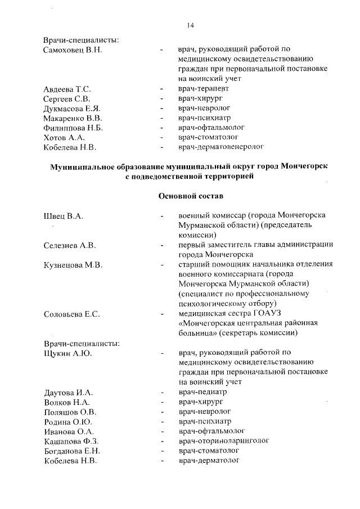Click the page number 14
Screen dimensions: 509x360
[x=190, y=25]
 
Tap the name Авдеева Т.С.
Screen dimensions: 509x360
[x=67, y=89]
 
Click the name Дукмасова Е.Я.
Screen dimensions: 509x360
[x=71, y=109]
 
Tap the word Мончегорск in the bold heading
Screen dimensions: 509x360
[x=300, y=167]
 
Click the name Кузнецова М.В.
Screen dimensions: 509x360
[x=73, y=265]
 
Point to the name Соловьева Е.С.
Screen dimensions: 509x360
[x=72, y=314]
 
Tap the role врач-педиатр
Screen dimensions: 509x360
[x=202, y=392]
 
